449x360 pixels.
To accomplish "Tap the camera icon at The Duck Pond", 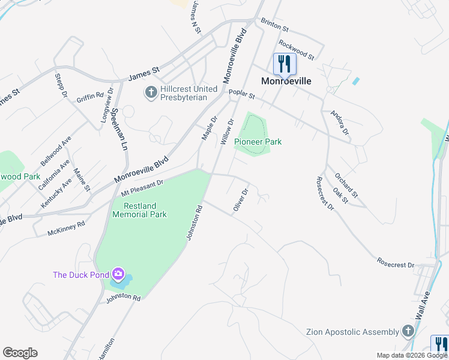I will click(x=118, y=275).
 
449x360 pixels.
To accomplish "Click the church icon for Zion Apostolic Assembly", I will click(x=408, y=331).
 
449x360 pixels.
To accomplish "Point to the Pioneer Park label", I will click(x=258, y=142).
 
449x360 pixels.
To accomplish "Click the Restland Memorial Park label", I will click(x=139, y=210).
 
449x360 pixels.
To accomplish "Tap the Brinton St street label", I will click(x=275, y=25).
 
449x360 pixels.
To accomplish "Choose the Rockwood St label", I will click(x=297, y=50).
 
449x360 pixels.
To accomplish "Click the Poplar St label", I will click(x=242, y=94).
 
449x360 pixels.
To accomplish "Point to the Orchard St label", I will click(x=346, y=187).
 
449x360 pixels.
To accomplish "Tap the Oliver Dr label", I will click(x=241, y=202).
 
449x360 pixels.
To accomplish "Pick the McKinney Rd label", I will click(x=67, y=227).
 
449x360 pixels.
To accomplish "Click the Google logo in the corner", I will click(x=20, y=353).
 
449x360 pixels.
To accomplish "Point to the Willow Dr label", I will click(x=226, y=131).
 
